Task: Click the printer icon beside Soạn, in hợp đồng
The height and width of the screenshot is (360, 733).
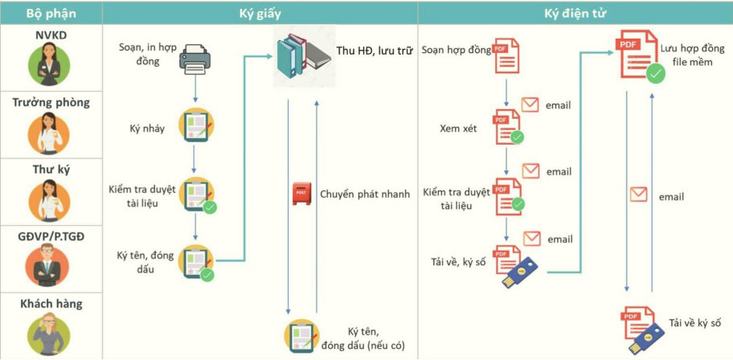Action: click(x=195, y=59)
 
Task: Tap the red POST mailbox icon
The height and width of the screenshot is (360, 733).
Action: click(x=301, y=194)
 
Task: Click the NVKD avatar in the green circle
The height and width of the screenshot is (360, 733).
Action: click(x=48, y=64)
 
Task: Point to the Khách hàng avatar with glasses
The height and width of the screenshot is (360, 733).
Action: click(x=48, y=333)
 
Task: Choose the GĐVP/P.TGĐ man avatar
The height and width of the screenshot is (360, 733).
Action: click(x=47, y=265)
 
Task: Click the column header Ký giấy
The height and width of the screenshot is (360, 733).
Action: click(x=260, y=14)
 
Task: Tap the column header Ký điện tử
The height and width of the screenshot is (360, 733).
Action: click(x=575, y=14)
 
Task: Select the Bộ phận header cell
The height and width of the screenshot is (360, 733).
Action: click(x=51, y=14)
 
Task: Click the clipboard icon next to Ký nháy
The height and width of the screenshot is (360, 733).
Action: click(x=196, y=125)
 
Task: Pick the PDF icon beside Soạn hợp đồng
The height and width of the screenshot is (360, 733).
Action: click(x=506, y=56)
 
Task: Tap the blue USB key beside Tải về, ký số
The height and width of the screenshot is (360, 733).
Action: click(x=519, y=272)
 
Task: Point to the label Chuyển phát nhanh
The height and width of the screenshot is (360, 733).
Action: click(x=365, y=194)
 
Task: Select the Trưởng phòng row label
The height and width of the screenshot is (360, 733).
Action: click(x=51, y=102)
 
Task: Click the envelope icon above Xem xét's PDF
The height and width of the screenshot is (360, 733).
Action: click(x=530, y=104)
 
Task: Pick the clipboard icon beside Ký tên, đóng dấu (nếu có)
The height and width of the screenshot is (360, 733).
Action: click(x=301, y=336)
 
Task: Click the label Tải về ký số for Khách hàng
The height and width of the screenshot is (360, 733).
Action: click(x=694, y=322)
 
